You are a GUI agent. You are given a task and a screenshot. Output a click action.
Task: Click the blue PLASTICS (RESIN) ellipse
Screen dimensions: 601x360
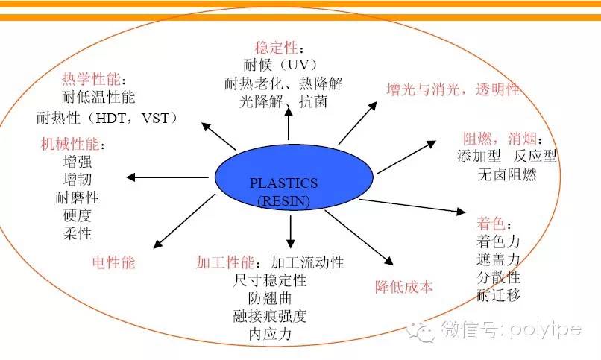pos(294,180)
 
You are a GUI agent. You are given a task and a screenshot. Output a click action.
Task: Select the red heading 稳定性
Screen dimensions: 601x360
pos(276,48)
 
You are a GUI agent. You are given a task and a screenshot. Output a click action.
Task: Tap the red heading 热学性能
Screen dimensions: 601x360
pos(91,79)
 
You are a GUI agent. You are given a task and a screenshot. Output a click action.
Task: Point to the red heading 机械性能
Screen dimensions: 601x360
pos(70,144)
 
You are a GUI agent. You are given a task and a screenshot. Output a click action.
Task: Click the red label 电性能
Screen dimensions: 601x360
pos(114,262)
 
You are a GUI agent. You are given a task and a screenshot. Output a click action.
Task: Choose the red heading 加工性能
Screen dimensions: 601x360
pos(225,262)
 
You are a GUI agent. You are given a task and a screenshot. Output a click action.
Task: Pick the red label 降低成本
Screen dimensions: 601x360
pos(404,286)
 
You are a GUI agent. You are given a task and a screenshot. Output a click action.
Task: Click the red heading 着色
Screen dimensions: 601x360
pos(491,224)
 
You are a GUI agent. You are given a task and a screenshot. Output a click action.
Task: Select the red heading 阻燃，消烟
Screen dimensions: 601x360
pos(500,138)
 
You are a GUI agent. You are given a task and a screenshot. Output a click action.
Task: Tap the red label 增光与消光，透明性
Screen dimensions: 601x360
pos(453,89)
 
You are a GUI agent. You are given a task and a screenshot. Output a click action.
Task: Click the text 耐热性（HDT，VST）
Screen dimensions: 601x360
pos(107,118)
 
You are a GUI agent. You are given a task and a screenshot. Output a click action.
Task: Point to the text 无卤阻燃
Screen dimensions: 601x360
pos(507,174)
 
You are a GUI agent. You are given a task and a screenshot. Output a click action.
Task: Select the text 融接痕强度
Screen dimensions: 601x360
pos(270,316)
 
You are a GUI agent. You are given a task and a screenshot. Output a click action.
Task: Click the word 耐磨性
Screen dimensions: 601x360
pos(78,198)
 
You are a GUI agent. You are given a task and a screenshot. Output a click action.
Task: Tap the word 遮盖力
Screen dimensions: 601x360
pos(498,259)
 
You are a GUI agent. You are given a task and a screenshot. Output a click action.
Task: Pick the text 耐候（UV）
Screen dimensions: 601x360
pos(280,65)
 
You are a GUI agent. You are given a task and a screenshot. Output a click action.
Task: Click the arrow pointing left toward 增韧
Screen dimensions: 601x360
pos(168,177)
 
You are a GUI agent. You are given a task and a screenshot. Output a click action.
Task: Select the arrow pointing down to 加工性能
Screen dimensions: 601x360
pos(291,232)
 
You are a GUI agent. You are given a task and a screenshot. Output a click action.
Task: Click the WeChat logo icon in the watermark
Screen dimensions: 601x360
pos(421,330)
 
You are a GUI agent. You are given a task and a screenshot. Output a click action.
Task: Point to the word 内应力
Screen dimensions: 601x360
pos(270,334)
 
